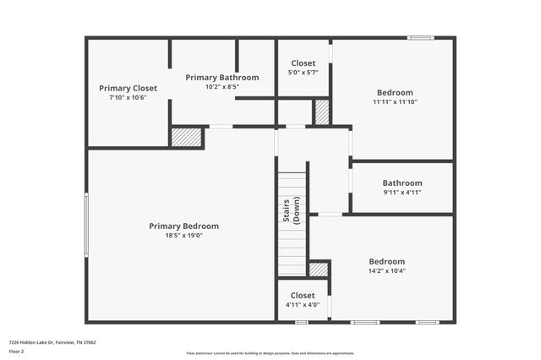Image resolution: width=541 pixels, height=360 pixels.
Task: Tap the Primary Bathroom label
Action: point(221,77)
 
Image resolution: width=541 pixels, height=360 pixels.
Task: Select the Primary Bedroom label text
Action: point(183,226)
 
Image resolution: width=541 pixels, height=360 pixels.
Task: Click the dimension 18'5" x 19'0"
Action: point(183,235)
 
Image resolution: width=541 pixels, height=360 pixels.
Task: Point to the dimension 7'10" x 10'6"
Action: point(128,97)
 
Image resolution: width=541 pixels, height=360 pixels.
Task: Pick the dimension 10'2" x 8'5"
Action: point(221,86)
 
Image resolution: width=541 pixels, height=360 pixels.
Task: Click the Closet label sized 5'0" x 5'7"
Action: point(303,63)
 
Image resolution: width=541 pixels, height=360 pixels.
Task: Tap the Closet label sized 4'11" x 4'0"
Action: point(303,295)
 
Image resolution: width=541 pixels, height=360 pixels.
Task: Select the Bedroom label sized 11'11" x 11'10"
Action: point(395,92)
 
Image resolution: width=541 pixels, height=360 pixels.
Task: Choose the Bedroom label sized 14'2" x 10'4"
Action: point(387,261)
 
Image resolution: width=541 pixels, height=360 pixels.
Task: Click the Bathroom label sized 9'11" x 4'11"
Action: point(402,183)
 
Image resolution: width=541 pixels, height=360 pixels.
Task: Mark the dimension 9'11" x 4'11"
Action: point(402,192)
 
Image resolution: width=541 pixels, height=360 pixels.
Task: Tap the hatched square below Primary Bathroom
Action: point(186,137)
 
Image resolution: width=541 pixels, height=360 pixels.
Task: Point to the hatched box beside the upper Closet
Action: point(321,112)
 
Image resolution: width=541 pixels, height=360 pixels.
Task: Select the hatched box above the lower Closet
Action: point(319,270)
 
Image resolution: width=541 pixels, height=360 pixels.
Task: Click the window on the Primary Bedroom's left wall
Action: point(86,224)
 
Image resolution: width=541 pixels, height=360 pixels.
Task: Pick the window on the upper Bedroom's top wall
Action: point(420,37)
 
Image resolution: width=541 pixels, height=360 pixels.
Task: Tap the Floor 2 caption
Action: point(17,351)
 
